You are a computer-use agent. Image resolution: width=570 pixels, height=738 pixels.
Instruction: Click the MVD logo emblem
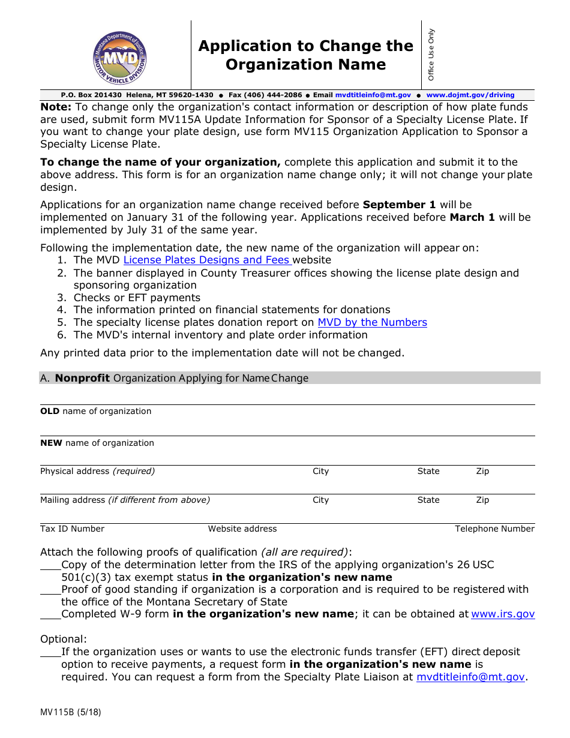coord(119,58)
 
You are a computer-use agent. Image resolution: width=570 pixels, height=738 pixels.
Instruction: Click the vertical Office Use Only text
coord(431,55)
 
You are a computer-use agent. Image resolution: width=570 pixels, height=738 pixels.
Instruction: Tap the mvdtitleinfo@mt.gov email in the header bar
coord(373,95)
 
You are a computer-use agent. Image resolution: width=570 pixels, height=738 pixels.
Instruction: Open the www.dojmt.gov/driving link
coord(470,95)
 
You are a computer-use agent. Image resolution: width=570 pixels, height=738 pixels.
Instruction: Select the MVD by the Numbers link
coord(372,322)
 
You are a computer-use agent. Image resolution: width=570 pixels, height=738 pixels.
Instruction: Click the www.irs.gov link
coord(503,614)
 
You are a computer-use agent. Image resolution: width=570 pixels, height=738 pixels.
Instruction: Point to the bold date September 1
coord(400,205)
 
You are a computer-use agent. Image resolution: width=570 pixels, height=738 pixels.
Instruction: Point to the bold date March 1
coord(472,217)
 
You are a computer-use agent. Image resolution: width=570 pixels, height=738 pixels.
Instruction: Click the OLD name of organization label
coord(95,411)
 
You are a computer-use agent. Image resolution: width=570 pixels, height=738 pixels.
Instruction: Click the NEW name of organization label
coord(97,443)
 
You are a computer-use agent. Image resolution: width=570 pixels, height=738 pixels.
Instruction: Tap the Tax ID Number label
coord(72,529)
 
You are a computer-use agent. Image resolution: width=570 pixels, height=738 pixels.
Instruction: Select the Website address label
coord(242,529)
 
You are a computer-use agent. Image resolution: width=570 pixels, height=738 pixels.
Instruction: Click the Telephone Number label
coord(494,529)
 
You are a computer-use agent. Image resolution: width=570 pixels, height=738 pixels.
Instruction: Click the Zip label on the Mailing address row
coord(482,500)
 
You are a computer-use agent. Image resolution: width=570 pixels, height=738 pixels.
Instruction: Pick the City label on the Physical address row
coord(320,471)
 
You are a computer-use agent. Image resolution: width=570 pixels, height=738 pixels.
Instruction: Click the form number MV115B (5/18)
coord(70,713)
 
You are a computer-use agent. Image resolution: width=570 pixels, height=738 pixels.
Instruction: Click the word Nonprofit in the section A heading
coord(82,378)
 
